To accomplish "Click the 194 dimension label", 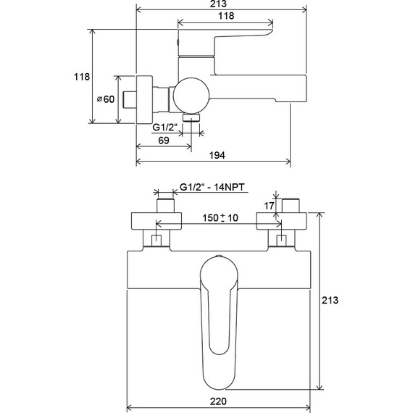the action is [217, 155].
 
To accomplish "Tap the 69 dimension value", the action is [164, 141].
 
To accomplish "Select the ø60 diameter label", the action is [106, 99].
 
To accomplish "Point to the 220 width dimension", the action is [218, 401].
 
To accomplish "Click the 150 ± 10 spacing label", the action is [220, 218].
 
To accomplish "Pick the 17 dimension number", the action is [269, 206].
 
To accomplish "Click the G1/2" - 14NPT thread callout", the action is [212, 187].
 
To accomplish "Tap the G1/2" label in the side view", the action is [164, 128].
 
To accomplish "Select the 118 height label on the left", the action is [82, 77].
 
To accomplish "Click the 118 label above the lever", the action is [226, 16].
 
